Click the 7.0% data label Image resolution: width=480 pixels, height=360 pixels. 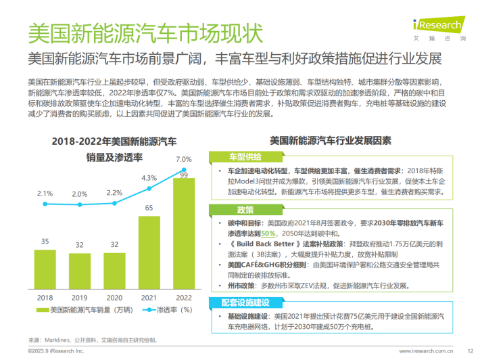pos(183,160)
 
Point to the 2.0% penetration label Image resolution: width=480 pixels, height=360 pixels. pos(80,194)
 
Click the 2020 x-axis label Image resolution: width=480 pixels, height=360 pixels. pos(114,297)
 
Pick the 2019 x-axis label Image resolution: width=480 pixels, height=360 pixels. pos(80,297)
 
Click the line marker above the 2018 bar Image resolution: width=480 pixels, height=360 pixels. pos(45,203)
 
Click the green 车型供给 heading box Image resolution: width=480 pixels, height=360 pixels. pos(233,156)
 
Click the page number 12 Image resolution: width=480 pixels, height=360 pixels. pos(470,351)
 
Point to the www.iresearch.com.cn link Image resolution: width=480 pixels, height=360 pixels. pos(425,351)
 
